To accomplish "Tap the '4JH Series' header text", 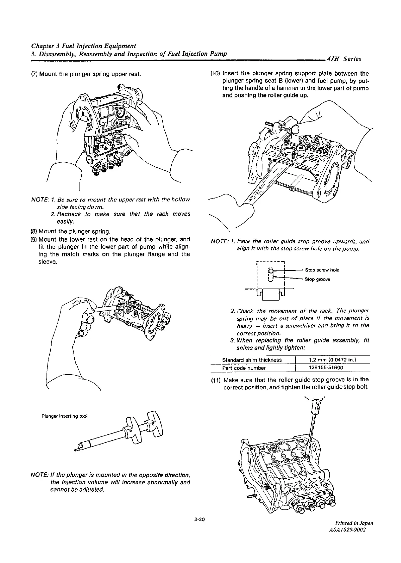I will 344,59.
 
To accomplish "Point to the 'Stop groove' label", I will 317,279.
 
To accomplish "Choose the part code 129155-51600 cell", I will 326,368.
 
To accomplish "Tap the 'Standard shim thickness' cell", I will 252,360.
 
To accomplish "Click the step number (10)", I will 215,74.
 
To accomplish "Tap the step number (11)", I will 216,380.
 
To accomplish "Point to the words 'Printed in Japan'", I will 354,532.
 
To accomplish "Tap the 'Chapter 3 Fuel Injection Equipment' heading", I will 83,46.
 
